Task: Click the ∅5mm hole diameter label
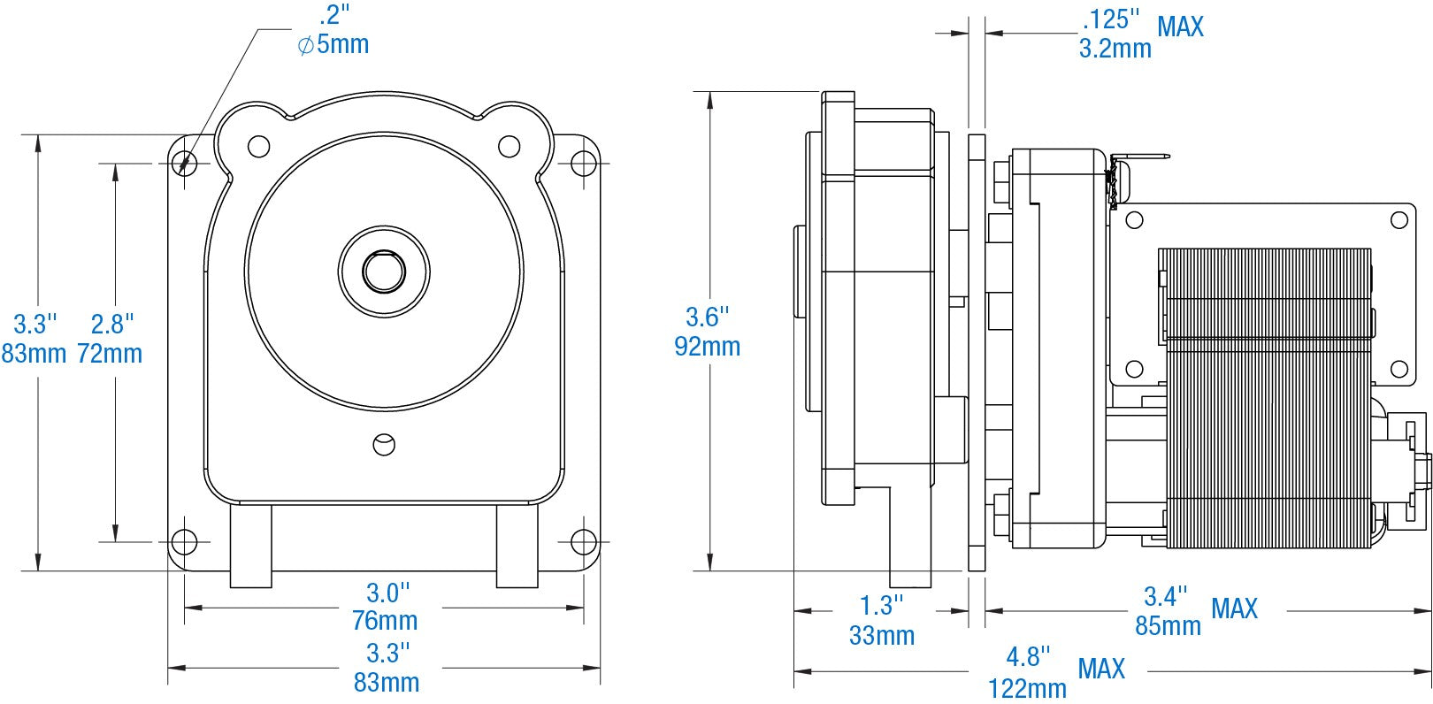point(333,43)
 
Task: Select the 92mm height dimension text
point(707,346)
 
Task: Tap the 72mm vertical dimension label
point(110,354)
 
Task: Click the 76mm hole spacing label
point(385,621)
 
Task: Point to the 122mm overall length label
point(1027,687)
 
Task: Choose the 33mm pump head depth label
point(881,635)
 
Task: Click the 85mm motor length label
point(1168,626)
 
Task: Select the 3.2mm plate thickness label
point(1115,49)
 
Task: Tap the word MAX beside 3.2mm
point(1180,27)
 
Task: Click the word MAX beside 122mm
point(1100,669)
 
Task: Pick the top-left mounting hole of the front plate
point(184,162)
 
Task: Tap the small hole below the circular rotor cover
point(384,444)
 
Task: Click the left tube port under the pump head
point(250,545)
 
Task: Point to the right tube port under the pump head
point(517,545)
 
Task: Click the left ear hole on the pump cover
point(257,146)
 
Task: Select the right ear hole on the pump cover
point(509,146)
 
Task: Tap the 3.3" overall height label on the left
point(35,323)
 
